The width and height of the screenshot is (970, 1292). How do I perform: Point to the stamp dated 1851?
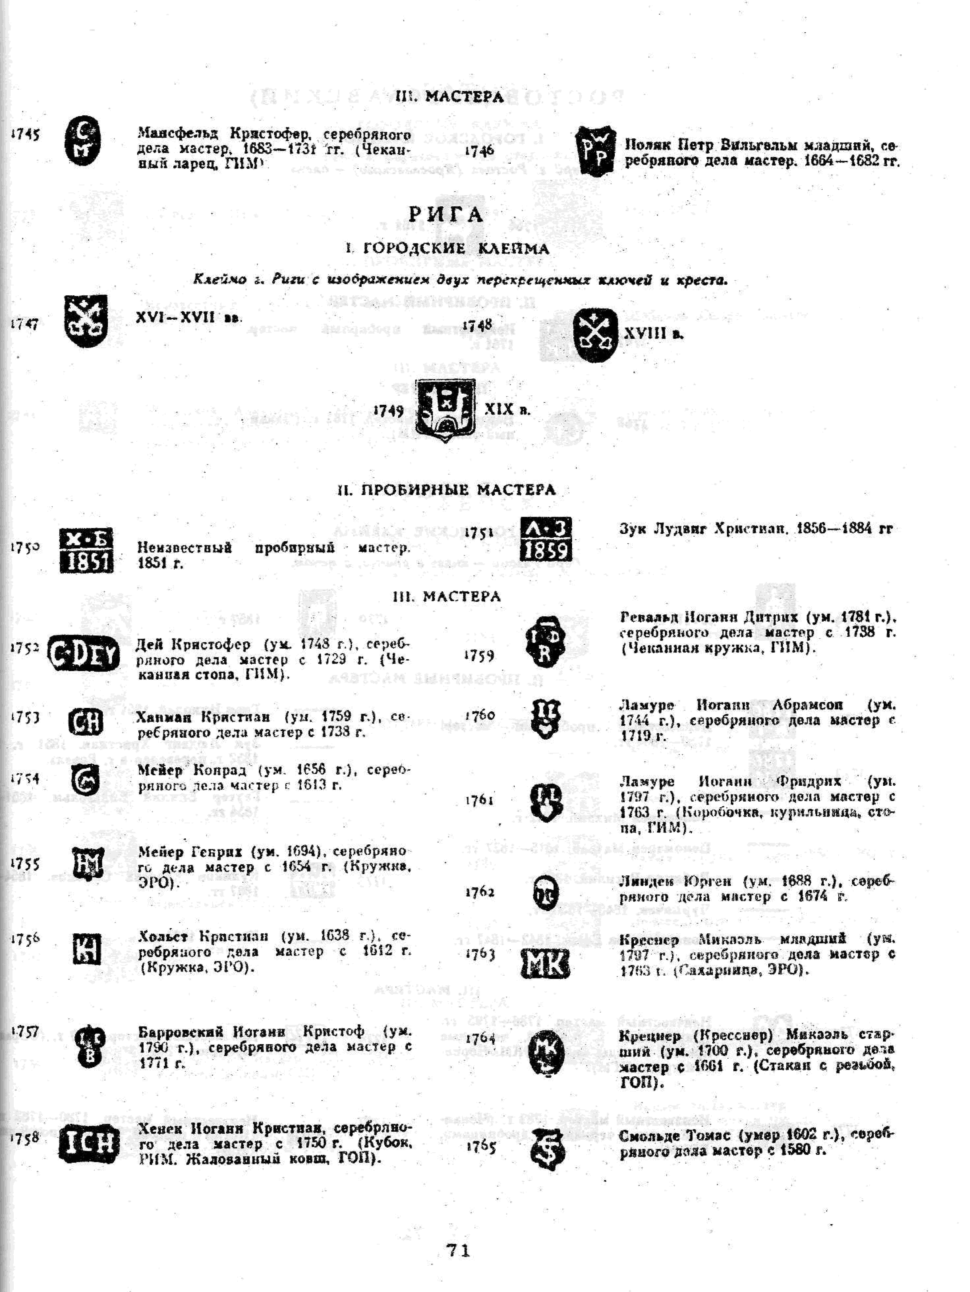86,550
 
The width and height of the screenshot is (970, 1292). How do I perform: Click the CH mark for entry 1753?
86,722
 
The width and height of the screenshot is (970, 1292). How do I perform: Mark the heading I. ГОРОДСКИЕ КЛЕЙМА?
447,249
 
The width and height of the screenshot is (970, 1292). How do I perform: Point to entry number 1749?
388,411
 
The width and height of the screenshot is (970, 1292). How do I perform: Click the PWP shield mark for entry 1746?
595,151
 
